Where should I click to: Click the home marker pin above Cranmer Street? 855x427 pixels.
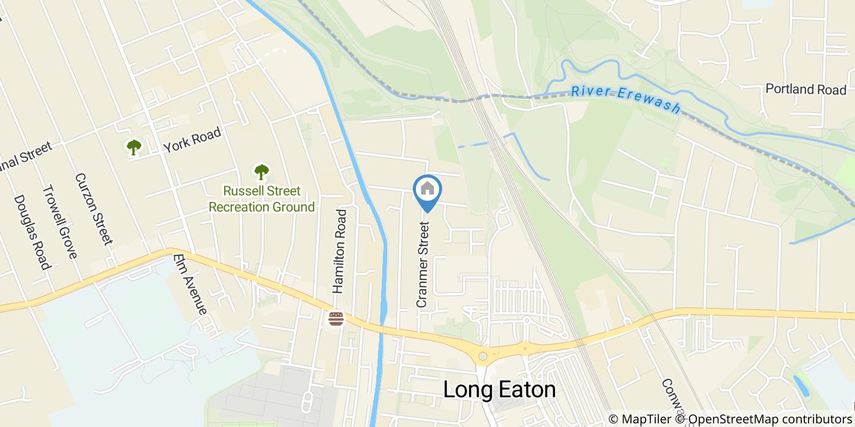point(428,190)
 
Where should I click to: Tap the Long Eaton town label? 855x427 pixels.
point(500,390)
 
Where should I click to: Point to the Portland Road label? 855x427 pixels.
point(806,89)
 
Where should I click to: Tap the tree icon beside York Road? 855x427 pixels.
point(134,147)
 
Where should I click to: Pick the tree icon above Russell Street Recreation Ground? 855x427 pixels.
point(261,171)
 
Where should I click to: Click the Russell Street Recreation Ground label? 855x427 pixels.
point(262,199)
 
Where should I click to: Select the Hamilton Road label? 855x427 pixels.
point(340,251)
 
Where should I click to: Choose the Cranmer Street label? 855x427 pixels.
point(423,264)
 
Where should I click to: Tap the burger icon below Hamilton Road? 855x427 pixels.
point(335,318)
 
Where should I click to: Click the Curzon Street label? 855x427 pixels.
point(94,209)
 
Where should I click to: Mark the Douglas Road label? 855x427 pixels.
point(31,232)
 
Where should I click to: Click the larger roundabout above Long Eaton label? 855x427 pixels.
point(483,356)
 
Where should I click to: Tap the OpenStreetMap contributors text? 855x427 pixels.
point(770,419)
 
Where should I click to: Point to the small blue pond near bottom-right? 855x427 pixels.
point(799,386)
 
